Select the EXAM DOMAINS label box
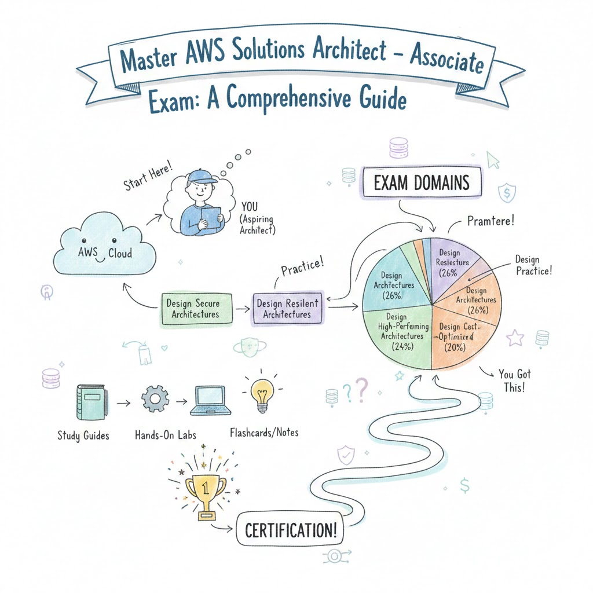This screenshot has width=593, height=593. pyautogui.click(x=421, y=184)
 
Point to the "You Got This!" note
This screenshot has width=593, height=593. pyautogui.click(x=513, y=380)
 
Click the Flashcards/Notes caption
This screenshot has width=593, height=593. pyautogui.click(x=264, y=432)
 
